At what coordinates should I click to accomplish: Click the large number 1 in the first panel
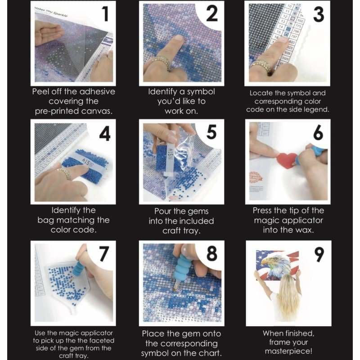(105, 14)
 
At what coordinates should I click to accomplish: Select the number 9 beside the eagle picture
(319, 255)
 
